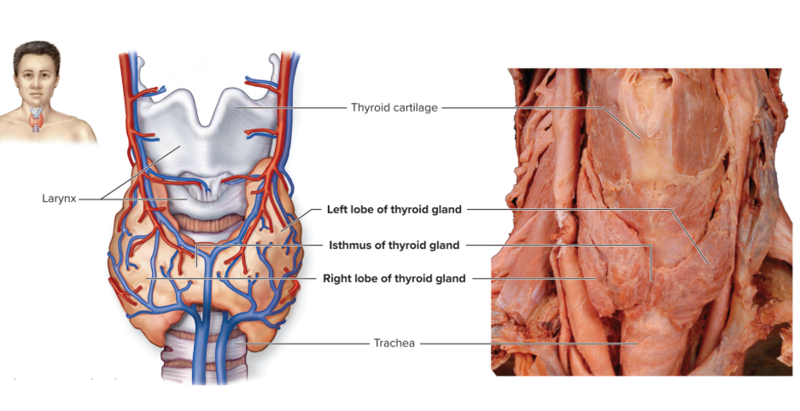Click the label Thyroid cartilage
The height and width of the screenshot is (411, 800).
click(394, 107)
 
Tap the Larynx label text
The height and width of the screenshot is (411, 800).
click(59, 199)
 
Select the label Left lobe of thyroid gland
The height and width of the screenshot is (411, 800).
click(394, 209)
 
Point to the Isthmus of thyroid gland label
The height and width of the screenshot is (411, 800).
click(394, 246)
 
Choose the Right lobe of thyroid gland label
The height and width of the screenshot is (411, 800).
click(394, 278)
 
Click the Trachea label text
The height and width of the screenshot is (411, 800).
click(394, 344)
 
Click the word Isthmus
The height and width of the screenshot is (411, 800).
click(350, 246)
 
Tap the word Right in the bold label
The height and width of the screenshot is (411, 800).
click(336, 278)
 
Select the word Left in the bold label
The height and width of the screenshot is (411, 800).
click(338, 209)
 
